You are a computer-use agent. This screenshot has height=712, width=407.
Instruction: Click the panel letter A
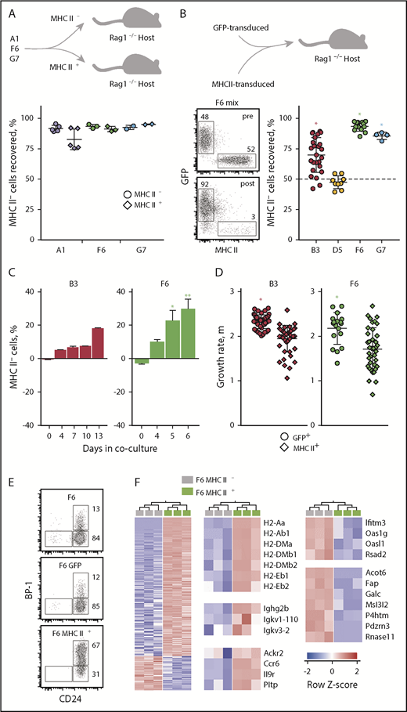10,7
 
